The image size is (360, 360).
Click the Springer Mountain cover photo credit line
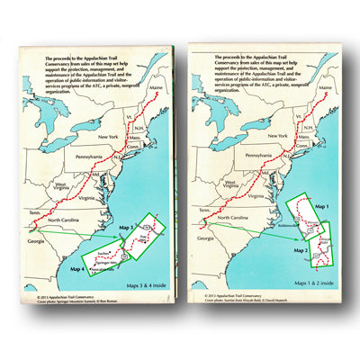[x=72, y=299]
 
